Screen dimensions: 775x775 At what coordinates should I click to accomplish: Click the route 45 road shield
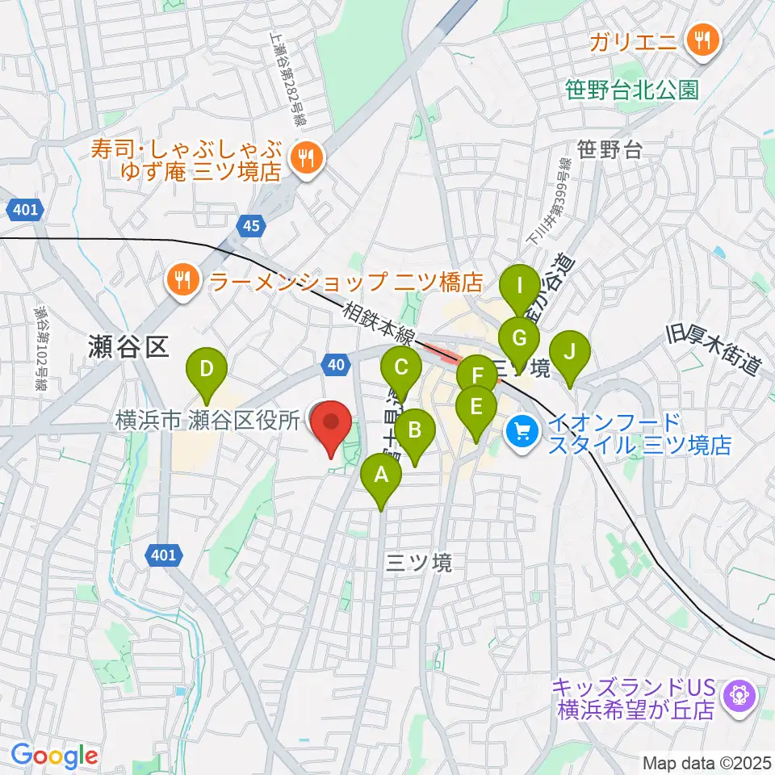(x=251, y=227)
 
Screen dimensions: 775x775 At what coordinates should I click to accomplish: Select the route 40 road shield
(x=337, y=366)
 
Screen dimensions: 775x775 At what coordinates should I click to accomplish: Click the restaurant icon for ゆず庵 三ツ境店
(x=306, y=159)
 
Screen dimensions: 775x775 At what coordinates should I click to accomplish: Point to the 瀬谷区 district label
(x=129, y=348)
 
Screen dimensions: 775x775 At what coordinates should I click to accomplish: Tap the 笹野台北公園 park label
(x=633, y=90)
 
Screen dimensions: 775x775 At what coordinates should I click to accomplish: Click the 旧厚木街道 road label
(x=714, y=349)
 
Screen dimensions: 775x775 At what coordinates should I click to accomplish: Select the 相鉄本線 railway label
(x=379, y=325)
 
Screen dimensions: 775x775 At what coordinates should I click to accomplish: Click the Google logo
(x=54, y=755)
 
